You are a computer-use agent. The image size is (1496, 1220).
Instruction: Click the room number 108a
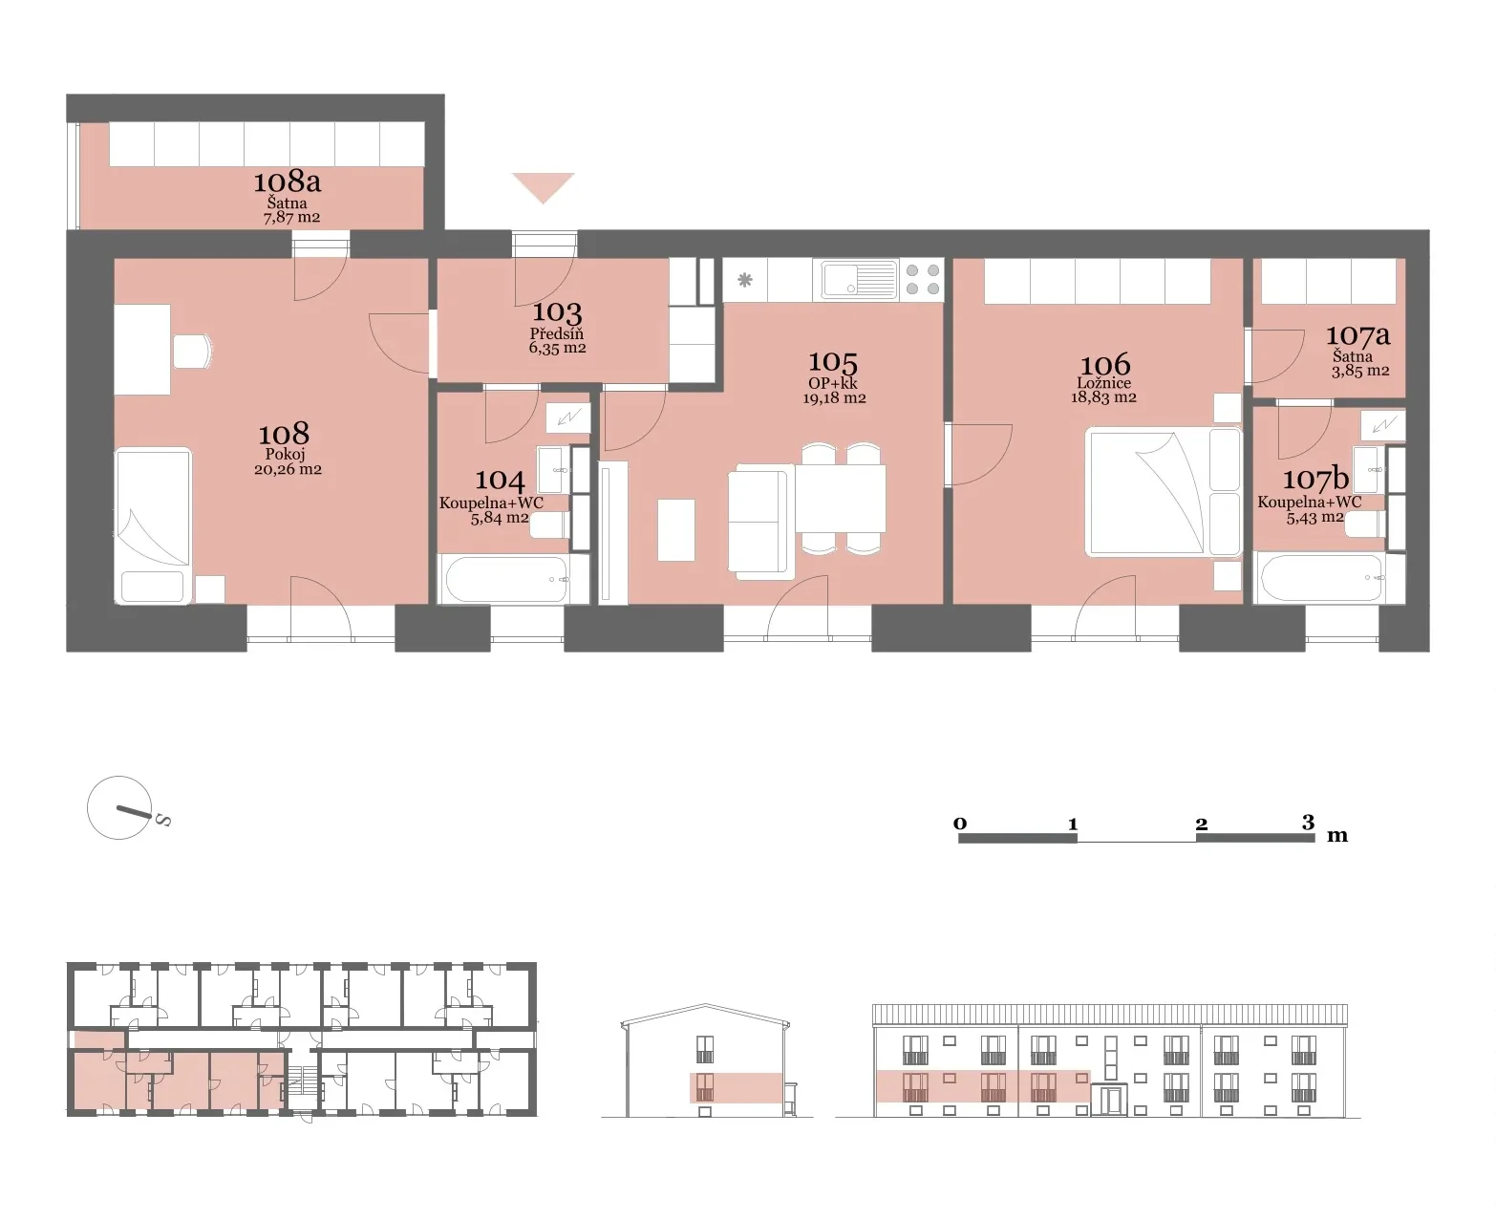coord(288,182)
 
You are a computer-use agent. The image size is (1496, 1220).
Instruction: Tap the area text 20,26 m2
coord(288,469)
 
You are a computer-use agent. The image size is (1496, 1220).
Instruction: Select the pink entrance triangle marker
coord(544,187)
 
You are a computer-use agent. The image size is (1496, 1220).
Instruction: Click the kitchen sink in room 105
coord(859,280)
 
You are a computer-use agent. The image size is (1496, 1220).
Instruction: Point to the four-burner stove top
coord(922,280)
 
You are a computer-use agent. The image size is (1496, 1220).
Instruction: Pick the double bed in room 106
coord(1164,492)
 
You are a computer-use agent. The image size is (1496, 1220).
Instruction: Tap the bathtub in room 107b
coord(1322,577)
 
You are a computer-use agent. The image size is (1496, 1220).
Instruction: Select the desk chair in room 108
coord(192,352)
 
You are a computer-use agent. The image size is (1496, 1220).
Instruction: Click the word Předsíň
coord(556,334)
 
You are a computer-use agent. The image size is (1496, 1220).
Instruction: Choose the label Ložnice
coord(1103,383)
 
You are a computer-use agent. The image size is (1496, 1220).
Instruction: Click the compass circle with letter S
coord(119,808)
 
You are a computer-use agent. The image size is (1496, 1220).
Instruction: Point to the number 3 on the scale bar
coord(1308,822)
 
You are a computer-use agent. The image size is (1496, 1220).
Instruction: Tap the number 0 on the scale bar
coord(960,824)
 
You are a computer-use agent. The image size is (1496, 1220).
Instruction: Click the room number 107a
coord(1357,334)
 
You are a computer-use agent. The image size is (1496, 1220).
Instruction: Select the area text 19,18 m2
coord(834,398)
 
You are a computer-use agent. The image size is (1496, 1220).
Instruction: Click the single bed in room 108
coord(153,525)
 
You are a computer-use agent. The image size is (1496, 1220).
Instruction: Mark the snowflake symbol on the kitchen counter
coord(745,280)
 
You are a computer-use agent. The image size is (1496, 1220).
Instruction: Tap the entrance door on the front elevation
coord(1109,1100)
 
